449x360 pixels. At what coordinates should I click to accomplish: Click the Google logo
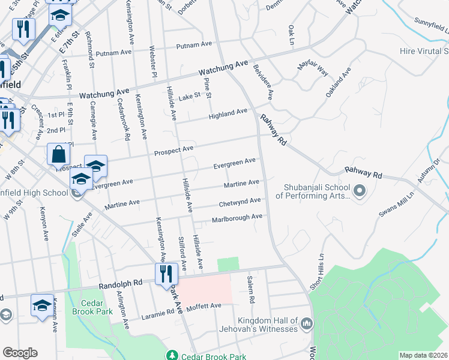20,353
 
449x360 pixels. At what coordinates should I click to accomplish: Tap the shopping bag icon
58,154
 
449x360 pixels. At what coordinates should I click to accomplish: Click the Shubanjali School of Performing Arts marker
360,191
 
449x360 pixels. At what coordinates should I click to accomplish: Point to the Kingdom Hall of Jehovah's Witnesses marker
307,325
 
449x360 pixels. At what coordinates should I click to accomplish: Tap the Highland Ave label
228,112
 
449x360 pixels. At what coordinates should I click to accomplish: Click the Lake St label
188,97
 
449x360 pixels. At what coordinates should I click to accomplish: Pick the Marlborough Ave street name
237,218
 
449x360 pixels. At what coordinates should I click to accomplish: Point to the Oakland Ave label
339,85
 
